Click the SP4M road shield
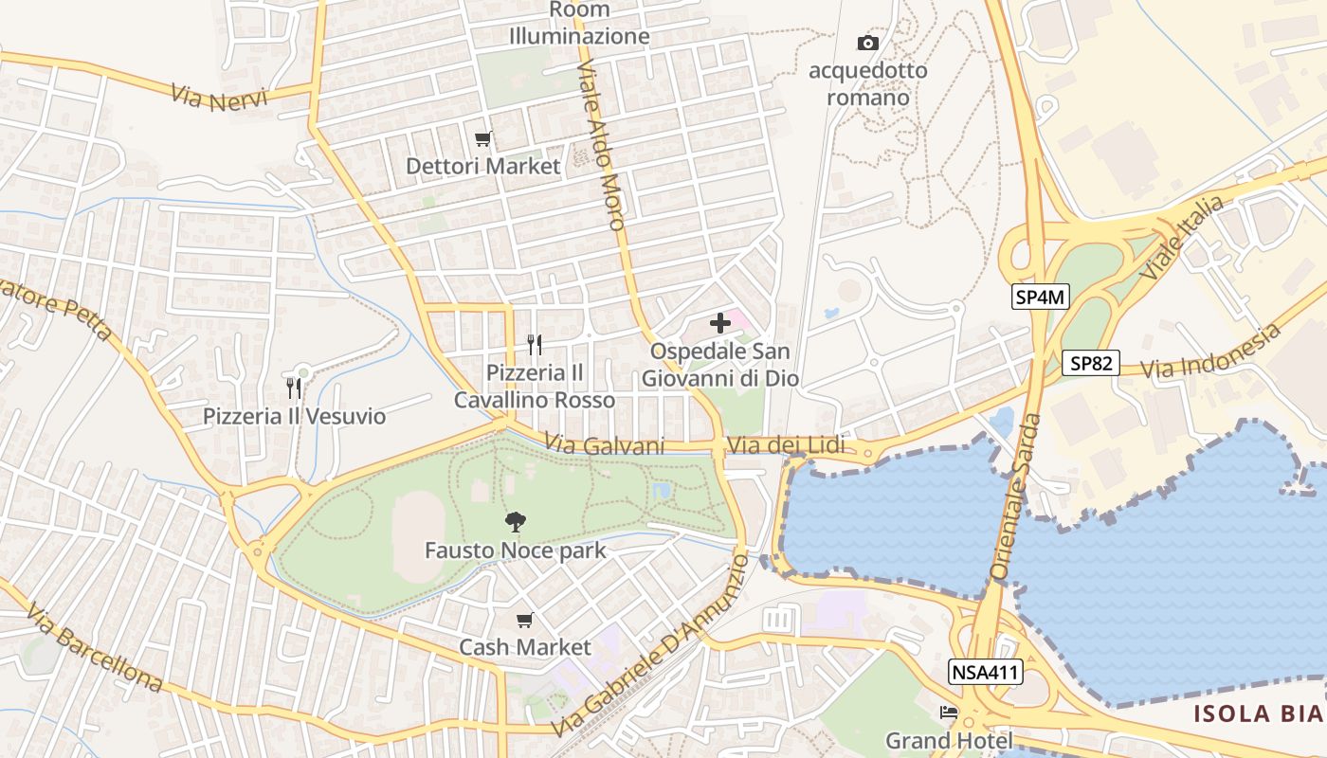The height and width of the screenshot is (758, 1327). coord(1041,298)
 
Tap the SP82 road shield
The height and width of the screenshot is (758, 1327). coord(1090,363)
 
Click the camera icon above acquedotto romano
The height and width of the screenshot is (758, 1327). coord(867,43)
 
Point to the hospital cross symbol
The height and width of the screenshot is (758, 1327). coord(720,323)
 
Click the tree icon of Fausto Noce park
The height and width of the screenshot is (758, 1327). coord(516,521)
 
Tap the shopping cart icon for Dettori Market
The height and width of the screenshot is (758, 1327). coord(483,139)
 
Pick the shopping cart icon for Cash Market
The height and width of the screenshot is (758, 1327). coord(525,621)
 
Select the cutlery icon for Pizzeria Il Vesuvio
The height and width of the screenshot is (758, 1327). coord(294,388)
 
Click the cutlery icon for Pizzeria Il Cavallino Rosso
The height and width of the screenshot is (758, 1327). coord(535,344)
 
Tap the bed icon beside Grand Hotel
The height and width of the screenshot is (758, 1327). coord(949,713)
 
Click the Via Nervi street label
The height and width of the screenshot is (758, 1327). coord(220,97)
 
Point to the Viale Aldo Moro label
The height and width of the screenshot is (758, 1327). coord(601,146)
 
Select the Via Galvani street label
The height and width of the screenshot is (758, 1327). coord(605,445)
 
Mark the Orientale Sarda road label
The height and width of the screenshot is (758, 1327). coord(1015,496)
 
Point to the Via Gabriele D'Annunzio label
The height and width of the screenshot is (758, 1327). coord(650,647)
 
